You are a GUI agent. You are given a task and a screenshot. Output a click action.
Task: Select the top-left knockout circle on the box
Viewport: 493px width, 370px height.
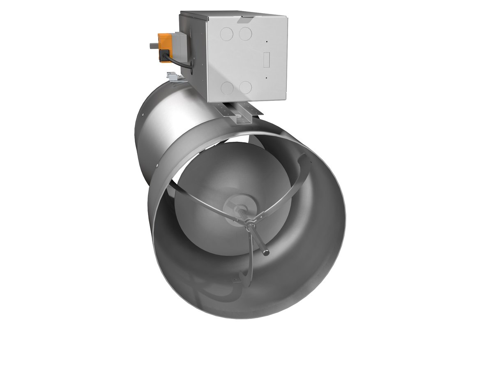(226, 34)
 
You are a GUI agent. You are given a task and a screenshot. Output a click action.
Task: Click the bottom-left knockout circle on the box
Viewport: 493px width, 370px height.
(226, 87)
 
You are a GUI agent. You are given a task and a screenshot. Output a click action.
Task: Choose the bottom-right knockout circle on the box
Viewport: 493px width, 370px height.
(245, 87)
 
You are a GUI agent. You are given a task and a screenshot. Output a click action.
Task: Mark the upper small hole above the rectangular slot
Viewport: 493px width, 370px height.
(266, 42)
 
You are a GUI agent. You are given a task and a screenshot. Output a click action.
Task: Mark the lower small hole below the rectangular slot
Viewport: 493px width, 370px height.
(266, 77)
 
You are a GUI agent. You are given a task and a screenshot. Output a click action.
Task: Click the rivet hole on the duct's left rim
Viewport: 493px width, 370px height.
(157, 166)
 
